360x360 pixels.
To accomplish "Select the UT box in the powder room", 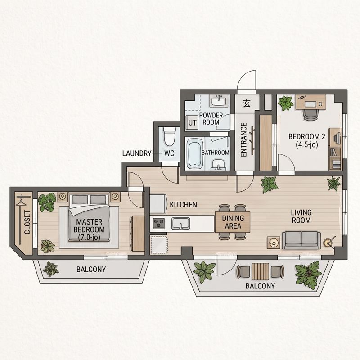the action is [x=192, y=122].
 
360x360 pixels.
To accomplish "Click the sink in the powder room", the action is [x=219, y=101].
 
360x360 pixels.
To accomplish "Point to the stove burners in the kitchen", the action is [x=159, y=223].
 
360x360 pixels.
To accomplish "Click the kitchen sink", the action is [x=181, y=223].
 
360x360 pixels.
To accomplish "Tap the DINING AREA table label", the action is [x=233, y=222].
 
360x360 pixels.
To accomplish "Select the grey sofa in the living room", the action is [x=301, y=240].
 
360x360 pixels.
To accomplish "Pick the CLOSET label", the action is [x=27, y=222].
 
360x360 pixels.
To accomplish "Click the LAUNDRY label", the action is [x=137, y=153].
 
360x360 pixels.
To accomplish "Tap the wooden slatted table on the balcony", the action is [x=261, y=272].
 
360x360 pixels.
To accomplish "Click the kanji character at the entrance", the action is [x=247, y=104].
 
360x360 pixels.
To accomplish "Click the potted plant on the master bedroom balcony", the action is [x=51, y=269].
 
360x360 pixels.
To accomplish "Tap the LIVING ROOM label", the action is [x=301, y=216].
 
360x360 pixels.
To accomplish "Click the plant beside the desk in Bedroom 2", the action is [x=286, y=103].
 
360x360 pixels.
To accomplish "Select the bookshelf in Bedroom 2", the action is [x=335, y=149].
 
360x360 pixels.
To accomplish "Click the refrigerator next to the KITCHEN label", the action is [x=158, y=204].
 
